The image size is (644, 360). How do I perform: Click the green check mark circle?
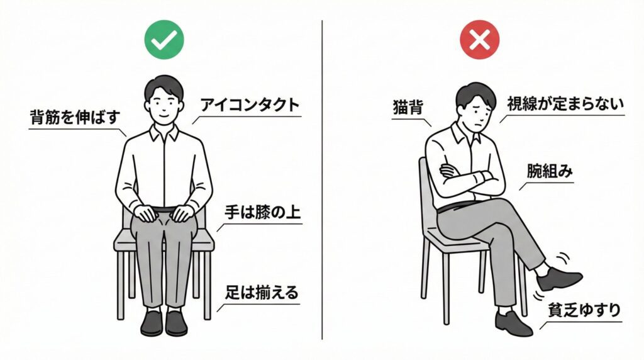(x=164, y=41)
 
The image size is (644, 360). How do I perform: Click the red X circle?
(x=479, y=41)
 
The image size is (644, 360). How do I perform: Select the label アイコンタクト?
(x=250, y=105)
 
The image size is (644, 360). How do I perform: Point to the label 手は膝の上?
(x=262, y=213)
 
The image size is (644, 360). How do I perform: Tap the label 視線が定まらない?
(x=565, y=103)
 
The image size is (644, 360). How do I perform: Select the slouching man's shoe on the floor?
(x=513, y=322)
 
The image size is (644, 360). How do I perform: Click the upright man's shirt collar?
(x=164, y=133)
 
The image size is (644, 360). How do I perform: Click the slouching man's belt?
(x=454, y=206)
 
